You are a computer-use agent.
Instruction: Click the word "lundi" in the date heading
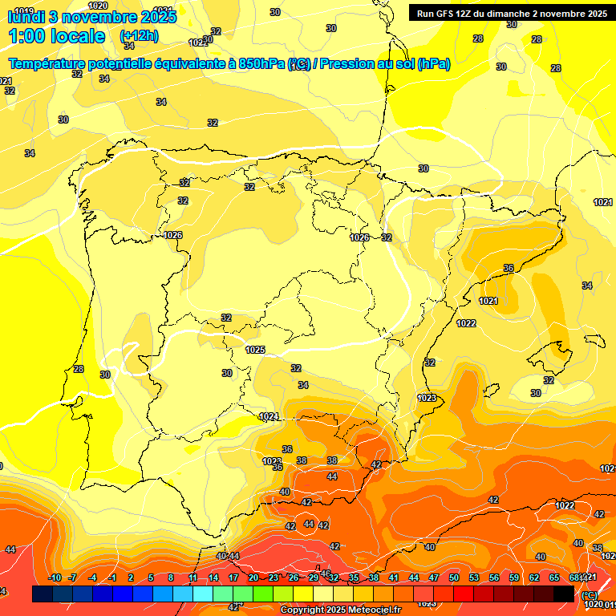(x=26, y=17)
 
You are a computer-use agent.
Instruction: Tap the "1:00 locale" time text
(x=57, y=36)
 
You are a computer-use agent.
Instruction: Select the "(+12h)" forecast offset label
(x=139, y=36)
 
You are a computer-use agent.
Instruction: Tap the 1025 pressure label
(x=255, y=350)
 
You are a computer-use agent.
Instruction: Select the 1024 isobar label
(x=269, y=416)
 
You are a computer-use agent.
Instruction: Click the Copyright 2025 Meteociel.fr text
(x=340, y=610)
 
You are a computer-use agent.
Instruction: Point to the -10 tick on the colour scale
(x=55, y=577)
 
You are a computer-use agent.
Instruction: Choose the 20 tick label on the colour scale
(x=253, y=577)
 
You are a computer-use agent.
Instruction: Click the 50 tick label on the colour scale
(x=454, y=577)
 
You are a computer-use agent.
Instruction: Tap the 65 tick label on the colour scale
(x=554, y=577)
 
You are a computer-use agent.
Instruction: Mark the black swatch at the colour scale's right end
(x=564, y=594)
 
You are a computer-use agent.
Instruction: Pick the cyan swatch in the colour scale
(x=203, y=594)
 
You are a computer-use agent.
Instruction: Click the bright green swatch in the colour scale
(x=263, y=594)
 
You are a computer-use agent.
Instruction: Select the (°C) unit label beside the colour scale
(x=590, y=595)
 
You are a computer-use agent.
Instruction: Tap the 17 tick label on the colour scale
(x=233, y=577)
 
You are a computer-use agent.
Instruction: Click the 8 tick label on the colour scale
(x=171, y=577)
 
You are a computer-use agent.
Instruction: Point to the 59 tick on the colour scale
(x=514, y=577)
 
